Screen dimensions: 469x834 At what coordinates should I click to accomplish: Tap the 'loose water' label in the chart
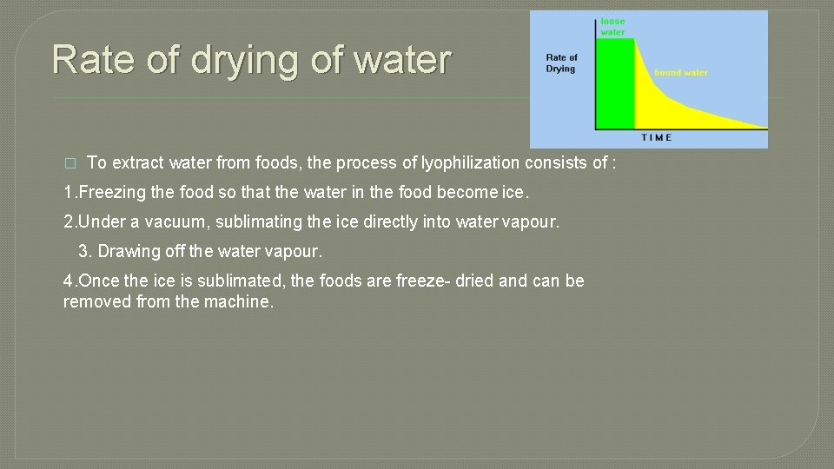[x=612, y=27]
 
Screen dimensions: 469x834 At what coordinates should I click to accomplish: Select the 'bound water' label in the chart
[x=680, y=73]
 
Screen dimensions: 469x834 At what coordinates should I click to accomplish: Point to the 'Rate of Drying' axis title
[x=561, y=63]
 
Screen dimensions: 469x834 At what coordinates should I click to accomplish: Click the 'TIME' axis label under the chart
[x=657, y=137]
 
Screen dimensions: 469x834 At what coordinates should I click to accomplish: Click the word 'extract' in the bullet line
[x=136, y=162]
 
